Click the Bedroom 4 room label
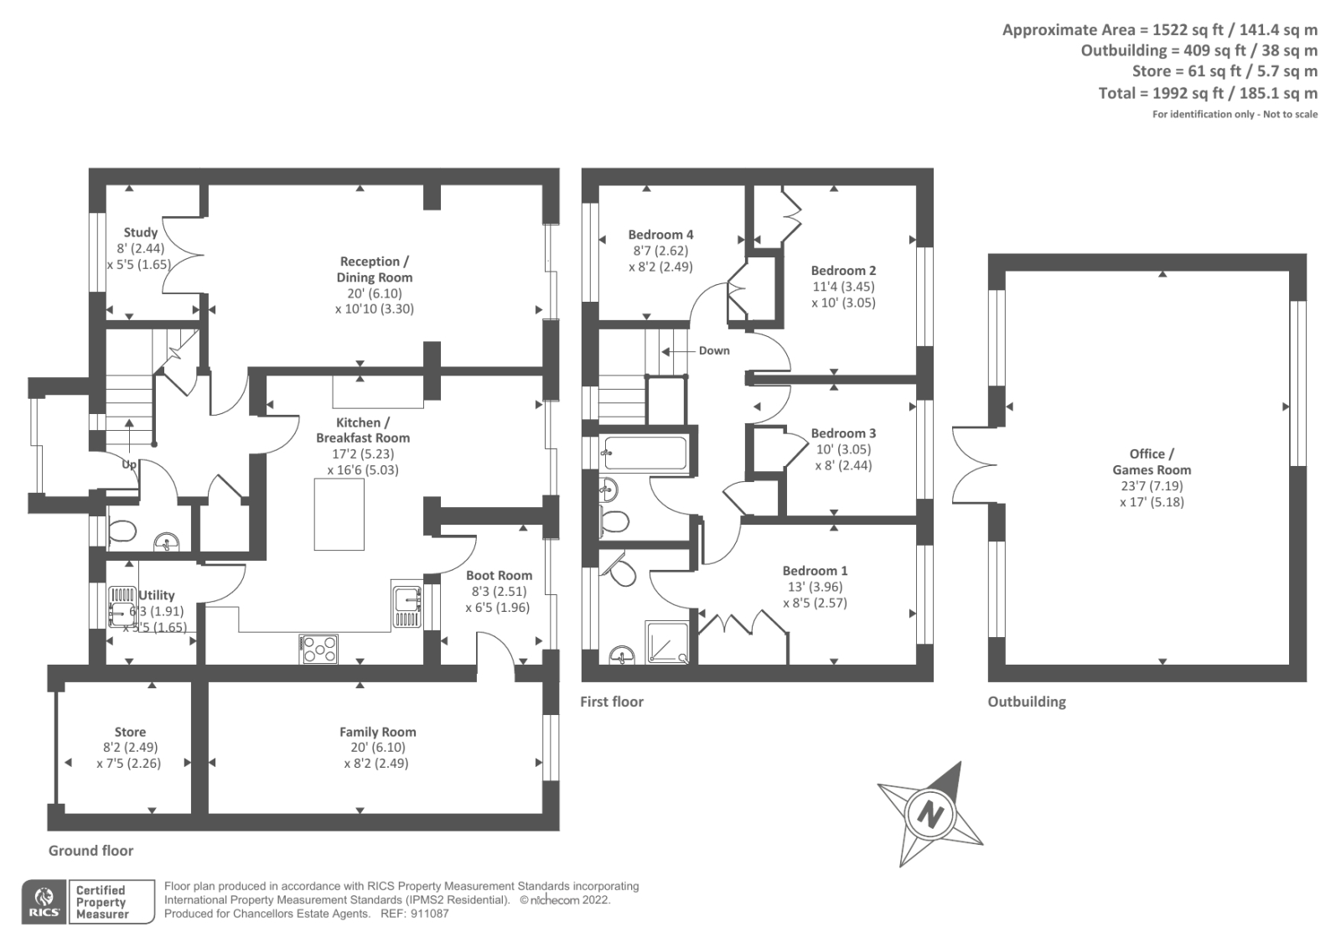coord(660,235)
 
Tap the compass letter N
coord(930,813)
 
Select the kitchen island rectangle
coord(339,514)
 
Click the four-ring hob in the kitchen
coord(319,649)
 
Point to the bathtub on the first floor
coord(645,453)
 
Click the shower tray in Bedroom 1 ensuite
coord(667,642)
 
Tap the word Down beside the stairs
coord(714,350)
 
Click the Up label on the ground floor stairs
coord(129,464)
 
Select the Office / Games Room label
coord(1152,462)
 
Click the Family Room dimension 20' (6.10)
coord(377,748)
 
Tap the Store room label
coord(130,732)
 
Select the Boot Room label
coord(499,575)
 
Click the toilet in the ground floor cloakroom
coord(122,531)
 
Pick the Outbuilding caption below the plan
coord(1026,702)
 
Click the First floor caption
coord(611,702)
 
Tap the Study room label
coord(140,232)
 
